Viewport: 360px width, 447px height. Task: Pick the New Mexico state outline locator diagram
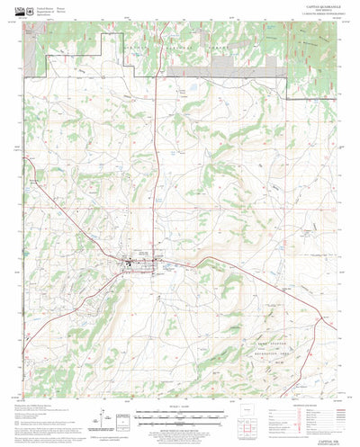pos(255,420)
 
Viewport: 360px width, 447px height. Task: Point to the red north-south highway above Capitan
pos(158,180)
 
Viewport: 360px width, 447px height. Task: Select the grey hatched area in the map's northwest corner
pos(32,59)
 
